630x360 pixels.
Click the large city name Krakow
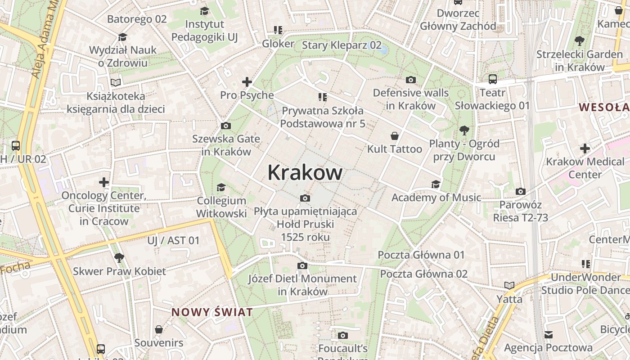(x=305, y=172)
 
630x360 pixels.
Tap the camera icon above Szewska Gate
(x=226, y=126)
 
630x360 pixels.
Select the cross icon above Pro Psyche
(x=247, y=82)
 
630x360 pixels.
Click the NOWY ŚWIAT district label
(x=212, y=312)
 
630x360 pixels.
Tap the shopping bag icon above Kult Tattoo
(x=395, y=136)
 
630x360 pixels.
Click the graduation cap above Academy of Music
(x=436, y=184)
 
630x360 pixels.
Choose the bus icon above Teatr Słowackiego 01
(x=493, y=80)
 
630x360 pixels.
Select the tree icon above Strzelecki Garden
(x=580, y=41)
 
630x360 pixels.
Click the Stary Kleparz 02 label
(x=342, y=45)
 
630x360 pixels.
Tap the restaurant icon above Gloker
(x=278, y=30)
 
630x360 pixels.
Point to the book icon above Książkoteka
(x=116, y=82)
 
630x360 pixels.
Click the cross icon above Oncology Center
(x=104, y=182)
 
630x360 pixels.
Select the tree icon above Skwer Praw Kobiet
(x=119, y=258)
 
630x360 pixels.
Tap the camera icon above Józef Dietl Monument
(x=302, y=265)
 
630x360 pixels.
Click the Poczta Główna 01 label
(x=421, y=255)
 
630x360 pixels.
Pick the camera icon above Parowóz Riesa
(x=521, y=192)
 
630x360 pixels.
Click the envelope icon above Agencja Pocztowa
(x=548, y=334)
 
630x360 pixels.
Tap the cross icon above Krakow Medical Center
(x=585, y=148)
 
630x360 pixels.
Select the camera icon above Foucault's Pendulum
(x=343, y=335)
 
